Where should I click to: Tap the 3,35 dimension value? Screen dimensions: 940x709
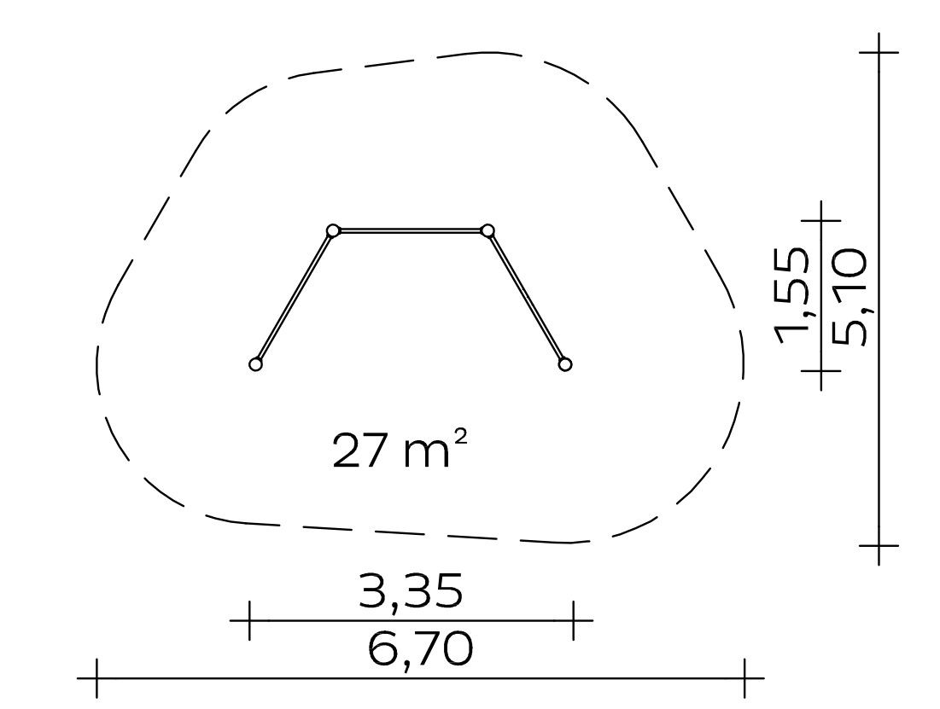coord(412,591)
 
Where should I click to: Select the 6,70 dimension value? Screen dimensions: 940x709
coord(420,650)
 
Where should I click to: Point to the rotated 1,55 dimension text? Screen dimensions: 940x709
coord(791,296)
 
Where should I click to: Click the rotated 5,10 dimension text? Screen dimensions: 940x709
coord(849,297)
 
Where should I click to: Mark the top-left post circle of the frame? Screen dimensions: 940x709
coord(333,230)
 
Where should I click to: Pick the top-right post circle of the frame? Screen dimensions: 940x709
coord(488,230)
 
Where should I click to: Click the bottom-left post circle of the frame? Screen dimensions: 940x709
coord(256,363)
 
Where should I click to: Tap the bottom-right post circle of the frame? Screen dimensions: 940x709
coord(564,363)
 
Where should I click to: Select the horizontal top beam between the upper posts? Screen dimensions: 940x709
coord(411,230)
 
